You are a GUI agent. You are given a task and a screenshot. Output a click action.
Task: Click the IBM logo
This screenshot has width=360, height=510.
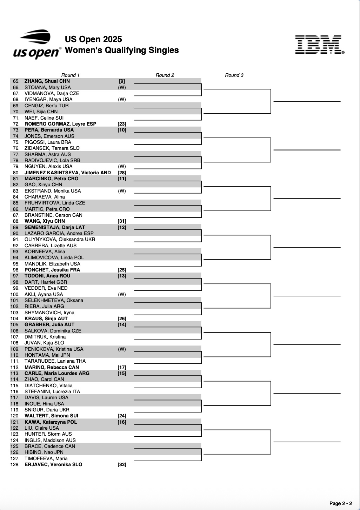click(x=320, y=45)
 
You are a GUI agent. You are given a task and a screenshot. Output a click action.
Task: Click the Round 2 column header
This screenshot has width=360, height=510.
click(x=165, y=75)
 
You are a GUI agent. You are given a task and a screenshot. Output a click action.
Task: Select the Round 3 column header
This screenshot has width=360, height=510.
click(x=234, y=75)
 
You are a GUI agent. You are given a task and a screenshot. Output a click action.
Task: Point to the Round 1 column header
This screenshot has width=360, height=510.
click(x=70, y=75)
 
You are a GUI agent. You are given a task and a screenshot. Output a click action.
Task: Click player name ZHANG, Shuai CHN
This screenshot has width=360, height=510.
click(x=47, y=81)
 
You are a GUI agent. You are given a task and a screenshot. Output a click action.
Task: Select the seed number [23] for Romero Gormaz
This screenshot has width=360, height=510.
click(x=122, y=124)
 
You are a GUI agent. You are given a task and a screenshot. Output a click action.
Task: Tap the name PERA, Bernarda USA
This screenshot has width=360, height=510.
click(x=49, y=130)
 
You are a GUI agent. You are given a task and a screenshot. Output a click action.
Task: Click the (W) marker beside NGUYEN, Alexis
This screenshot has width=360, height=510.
click(x=122, y=166)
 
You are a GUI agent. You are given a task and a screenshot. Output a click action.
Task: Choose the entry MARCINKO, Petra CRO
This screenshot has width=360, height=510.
click(x=51, y=179)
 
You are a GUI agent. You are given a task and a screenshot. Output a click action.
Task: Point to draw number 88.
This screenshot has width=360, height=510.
click(x=16, y=221)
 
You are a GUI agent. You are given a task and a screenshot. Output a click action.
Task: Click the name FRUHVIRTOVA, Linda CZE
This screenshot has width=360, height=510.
click(x=55, y=203)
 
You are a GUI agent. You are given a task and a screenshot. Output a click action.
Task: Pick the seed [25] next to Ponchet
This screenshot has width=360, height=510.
click(x=122, y=270)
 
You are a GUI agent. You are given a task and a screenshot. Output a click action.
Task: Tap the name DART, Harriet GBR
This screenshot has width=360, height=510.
click(x=46, y=282)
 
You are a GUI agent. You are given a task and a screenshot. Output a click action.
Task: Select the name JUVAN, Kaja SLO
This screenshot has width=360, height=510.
click(x=44, y=343)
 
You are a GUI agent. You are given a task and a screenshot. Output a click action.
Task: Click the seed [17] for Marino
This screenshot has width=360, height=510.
click(x=122, y=367)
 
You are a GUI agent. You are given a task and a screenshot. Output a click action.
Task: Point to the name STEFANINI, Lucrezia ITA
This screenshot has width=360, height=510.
click(x=52, y=391)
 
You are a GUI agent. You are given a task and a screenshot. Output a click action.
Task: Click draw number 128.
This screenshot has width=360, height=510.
click(x=15, y=464)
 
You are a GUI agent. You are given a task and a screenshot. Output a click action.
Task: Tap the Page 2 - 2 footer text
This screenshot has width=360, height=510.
click(x=340, y=503)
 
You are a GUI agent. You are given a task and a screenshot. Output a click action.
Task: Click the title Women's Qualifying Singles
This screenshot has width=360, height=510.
click(x=122, y=50)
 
